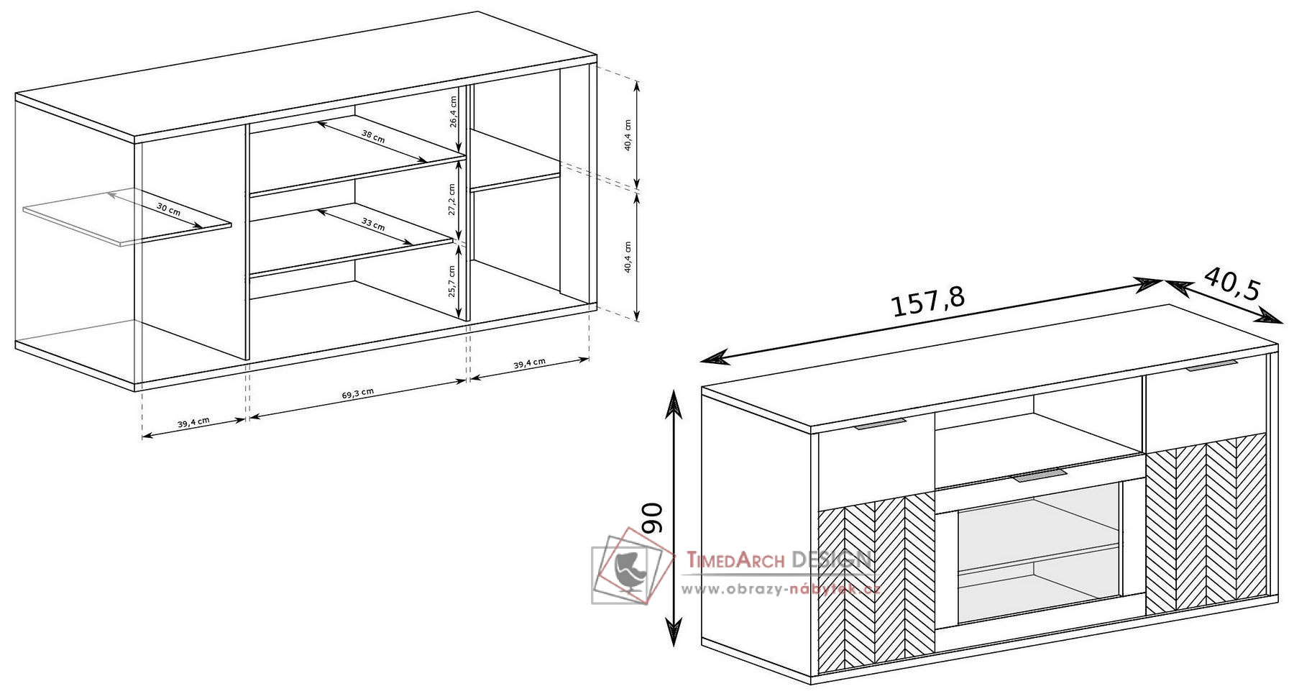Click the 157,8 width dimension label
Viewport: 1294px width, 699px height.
(928, 303)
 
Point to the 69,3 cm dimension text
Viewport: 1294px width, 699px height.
(357, 393)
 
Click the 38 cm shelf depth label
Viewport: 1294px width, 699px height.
(372, 136)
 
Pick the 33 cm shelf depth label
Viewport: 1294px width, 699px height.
(372, 224)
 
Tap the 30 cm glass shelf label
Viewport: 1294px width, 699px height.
(169, 209)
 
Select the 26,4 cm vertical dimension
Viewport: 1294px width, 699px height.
(453, 111)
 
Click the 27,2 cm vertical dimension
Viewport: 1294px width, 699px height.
(451, 199)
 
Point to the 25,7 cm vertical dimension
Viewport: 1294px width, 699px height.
(451, 282)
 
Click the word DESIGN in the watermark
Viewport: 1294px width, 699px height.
(831, 559)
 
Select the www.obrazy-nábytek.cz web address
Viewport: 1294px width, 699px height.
(781, 590)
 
